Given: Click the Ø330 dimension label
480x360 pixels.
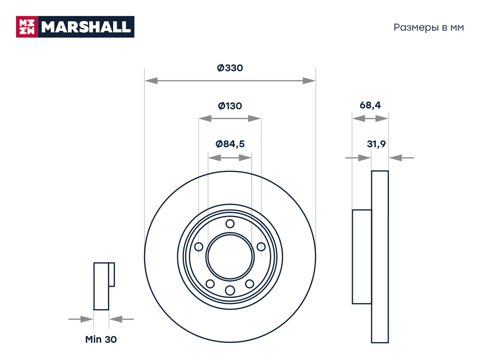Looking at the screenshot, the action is (x=230, y=68).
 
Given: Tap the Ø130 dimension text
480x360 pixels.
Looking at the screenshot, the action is (x=230, y=106).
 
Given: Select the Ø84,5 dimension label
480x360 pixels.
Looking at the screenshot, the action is (x=230, y=144).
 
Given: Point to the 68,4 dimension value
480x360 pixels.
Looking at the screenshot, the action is (x=370, y=105).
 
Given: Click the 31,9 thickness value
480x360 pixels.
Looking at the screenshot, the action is (x=376, y=144).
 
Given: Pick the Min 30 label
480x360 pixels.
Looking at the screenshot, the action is (x=101, y=340).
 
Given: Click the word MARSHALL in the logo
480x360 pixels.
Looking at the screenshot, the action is (x=86, y=27).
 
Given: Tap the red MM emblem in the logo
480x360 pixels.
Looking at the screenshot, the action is (x=27, y=27).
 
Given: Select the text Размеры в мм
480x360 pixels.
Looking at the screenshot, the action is (x=429, y=28).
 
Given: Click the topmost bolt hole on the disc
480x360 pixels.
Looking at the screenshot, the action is (x=230, y=224).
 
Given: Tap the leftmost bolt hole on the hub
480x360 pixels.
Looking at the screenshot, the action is (x=198, y=247).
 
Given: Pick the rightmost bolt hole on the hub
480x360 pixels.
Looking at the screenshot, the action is (x=261, y=247).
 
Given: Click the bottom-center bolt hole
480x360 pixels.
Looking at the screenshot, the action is (x=230, y=290).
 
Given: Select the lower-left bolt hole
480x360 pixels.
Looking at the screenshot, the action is (x=210, y=284).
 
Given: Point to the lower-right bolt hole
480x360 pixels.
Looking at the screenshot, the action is (x=250, y=284).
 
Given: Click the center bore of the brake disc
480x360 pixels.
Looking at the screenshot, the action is (x=230, y=257).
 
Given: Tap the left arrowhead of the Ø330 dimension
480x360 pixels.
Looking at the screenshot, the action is (x=151, y=81).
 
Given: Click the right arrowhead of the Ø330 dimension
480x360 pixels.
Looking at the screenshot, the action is (x=309, y=81).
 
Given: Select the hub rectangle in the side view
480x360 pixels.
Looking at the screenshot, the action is (x=362, y=257).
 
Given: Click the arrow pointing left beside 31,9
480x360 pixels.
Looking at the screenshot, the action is (x=402, y=158).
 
